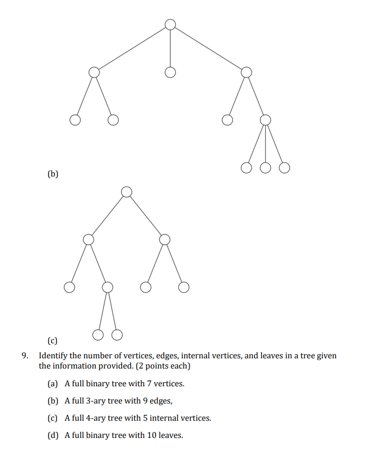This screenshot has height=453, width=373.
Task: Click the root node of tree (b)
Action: (170, 24)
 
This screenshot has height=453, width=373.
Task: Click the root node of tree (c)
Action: (126, 192)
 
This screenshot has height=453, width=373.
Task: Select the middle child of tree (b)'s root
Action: (170, 72)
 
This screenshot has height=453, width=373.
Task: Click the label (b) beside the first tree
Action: (53, 174)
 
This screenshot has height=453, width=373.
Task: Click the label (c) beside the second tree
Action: (53, 341)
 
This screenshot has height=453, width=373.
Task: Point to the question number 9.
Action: (25, 356)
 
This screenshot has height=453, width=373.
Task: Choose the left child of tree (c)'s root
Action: (88, 239)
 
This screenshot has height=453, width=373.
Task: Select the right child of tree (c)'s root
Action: (165, 239)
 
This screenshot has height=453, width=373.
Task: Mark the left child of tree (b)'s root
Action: (94, 72)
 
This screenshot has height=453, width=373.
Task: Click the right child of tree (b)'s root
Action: (246, 72)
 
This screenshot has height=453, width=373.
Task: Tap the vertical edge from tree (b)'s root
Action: (170, 48)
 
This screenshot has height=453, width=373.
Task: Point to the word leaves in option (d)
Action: (170, 435)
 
